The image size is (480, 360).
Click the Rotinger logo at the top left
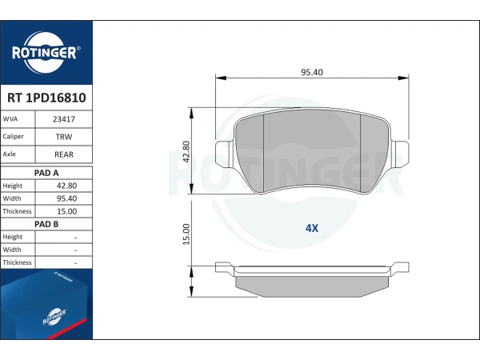(46, 53)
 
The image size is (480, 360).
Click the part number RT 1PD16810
(46, 98)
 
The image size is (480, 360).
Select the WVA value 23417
(64, 119)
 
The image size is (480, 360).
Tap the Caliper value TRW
(64, 137)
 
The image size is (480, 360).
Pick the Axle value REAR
(64, 154)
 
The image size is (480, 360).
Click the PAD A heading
(46, 173)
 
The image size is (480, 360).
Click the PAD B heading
(46, 224)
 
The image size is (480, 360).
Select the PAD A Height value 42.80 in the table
(66, 186)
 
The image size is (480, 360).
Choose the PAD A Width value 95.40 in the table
(66, 198)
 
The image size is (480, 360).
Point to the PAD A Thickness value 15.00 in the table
(66, 211)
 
